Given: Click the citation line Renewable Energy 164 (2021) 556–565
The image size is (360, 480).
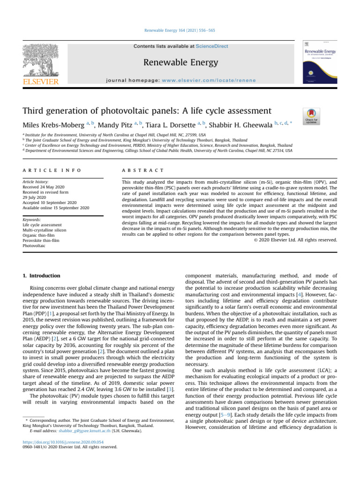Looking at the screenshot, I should tap(180, 30).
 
